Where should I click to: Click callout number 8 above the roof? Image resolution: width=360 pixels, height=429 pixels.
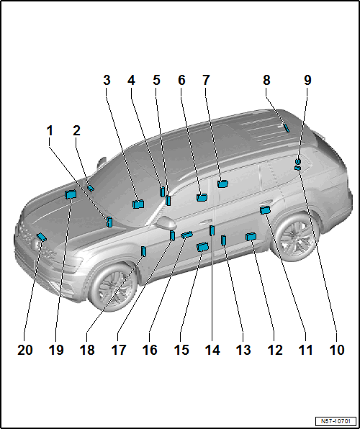point(266,80)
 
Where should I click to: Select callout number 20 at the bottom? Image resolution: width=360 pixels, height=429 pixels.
point(25,350)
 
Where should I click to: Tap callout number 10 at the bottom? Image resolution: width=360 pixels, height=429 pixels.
point(337,350)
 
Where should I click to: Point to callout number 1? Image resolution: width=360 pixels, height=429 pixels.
point(50,131)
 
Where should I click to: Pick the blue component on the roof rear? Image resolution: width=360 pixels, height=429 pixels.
point(286,128)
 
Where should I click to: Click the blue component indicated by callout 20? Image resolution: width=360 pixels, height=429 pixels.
point(41,238)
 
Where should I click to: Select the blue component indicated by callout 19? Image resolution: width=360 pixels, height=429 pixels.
point(71,194)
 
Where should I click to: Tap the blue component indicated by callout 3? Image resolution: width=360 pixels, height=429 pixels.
point(138,204)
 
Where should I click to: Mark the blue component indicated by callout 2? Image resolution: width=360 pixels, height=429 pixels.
point(91,188)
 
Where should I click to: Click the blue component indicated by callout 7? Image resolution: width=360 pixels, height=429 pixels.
point(223,184)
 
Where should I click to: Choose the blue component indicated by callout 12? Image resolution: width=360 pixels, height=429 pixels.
point(251,236)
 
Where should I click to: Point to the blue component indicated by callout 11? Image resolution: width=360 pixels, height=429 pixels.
point(265,210)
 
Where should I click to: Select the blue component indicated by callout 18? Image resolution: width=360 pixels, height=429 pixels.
point(143,251)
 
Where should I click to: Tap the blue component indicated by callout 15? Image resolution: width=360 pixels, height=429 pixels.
point(202,247)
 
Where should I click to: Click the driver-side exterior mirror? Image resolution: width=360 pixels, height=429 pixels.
point(166,223)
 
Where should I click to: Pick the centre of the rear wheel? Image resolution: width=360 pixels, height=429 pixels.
point(295,238)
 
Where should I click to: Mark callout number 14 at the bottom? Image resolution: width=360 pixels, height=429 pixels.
point(212,350)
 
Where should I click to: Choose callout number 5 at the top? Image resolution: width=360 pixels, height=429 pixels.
point(156,80)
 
